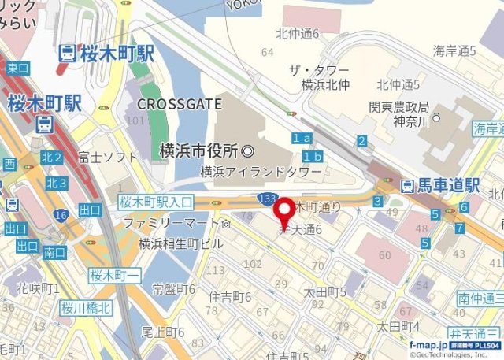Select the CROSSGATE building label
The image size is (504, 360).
(x=173, y=103)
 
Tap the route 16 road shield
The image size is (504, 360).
(x=59, y=214)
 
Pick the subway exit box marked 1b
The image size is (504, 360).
(x=313, y=157)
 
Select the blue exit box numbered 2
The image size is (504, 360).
(x=361, y=142)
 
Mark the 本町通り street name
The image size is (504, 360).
(x=318, y=206)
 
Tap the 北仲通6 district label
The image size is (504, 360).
(x=297, y=34)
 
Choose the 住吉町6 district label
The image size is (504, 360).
(x=230, y=297)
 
